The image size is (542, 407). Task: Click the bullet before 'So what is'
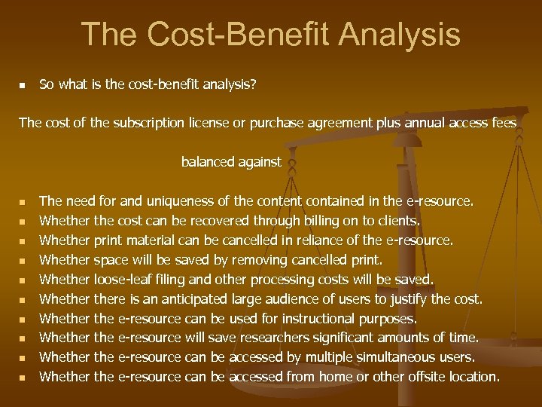tap(23, 86)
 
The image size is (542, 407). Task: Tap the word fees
tap(502, 123)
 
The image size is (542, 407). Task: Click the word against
tap(259, 161)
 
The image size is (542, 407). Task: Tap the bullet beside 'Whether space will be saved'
tap(23, 261)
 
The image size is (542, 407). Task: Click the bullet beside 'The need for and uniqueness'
tap(23, 203)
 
